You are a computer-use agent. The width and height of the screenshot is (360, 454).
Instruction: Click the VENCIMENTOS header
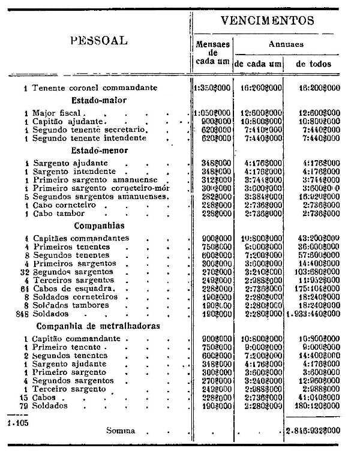(267, 20)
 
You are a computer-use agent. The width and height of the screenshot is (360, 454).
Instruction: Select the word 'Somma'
(121, 430)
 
